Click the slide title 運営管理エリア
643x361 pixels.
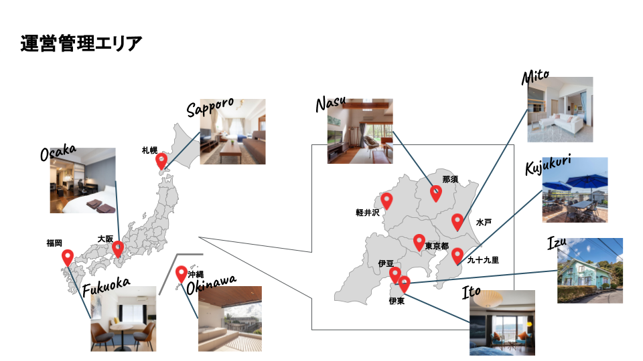(82, 44)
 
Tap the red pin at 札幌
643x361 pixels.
(161, 160)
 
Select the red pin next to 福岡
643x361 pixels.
(68, 257)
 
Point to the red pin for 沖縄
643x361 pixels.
(181, 274)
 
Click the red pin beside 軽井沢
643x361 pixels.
(386, 200)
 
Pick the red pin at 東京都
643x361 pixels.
(419, 242)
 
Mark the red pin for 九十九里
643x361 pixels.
(457, 255)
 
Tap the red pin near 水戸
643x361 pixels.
(457, 221)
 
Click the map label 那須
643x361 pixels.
(450, 179)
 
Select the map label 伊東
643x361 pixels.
(397, 301)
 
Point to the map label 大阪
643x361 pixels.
(105, 239)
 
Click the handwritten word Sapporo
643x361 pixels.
(210, 107)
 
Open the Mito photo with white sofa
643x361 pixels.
(560, 110)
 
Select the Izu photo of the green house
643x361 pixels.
(589, 271)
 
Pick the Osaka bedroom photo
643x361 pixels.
(82, 180)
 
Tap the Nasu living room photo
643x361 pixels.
(360, 131)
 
